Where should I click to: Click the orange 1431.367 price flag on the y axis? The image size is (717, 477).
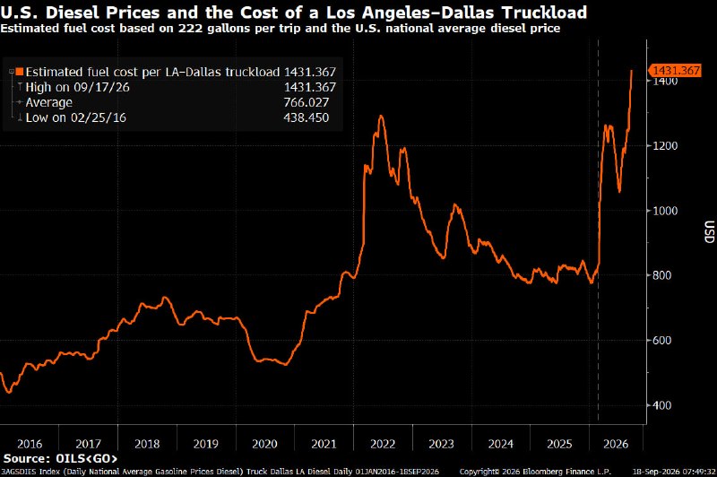point(675,71)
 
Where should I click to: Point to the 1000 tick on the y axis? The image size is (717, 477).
point(665,211)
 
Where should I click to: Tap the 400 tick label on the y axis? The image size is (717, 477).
point(661,405)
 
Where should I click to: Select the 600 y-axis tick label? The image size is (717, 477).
point(661,340)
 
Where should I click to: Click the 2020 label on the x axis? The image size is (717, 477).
point(264,444)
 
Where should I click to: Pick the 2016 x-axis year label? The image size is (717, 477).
point(30,444)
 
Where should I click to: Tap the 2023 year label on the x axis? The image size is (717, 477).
point(441,444)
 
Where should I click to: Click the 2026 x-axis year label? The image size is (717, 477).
point(616,444)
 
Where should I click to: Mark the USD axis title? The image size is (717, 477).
point(709,232)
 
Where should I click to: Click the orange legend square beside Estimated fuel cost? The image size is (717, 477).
point(20,72)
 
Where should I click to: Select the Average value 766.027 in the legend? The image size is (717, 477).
point(306,102)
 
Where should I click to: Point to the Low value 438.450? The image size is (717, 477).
point(306,117)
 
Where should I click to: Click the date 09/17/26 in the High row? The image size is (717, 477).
point(101,87)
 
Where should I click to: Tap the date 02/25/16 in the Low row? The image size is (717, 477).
point(99,117)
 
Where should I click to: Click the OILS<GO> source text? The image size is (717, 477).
point(86,458)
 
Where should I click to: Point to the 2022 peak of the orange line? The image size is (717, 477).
point(381,116)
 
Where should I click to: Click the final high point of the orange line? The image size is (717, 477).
point(632,71)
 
